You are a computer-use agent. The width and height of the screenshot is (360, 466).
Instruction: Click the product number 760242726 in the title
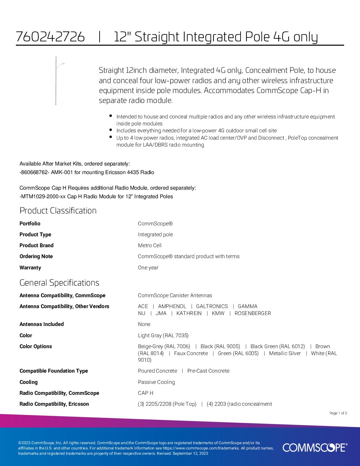[x=50, y=37]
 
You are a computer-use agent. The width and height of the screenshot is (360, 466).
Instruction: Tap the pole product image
[x=57, y=80]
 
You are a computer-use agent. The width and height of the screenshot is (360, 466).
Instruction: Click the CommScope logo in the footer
[x=315, y=447]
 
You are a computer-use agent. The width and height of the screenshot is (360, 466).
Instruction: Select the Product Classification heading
[x=58, y=210]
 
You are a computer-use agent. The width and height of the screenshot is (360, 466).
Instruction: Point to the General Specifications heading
[x=59, y=283]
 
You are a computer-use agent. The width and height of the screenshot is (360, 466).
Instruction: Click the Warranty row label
[x=30, y=267]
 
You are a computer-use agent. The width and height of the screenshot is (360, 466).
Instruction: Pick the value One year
[x=148, y=267]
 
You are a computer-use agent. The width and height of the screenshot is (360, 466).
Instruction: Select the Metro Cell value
[x=150, y=245]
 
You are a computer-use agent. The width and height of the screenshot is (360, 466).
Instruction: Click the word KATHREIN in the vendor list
[x=189, y=313]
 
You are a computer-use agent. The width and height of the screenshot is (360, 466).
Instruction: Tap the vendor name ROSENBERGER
[x=252, y=313]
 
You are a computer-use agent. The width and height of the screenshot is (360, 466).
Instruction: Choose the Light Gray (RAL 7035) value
[x=163, y=335]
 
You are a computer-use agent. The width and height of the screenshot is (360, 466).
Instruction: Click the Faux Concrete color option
[x=191, y=353]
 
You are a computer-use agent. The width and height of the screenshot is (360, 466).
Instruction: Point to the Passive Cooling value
[x=156, y=382]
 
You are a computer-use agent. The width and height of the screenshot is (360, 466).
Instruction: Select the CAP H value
[x=145, y=393]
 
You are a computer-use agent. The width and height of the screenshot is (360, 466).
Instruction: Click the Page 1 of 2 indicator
[x=338, y=413]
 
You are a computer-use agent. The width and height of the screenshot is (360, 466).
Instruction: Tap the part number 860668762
[x=34, y=172]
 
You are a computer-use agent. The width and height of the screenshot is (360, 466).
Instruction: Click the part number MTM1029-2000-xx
[x=43, y=196]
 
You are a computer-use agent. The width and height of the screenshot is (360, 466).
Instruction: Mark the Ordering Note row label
[x=36, y=256]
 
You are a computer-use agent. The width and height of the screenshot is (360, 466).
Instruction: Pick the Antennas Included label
[x=42, y=324]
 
